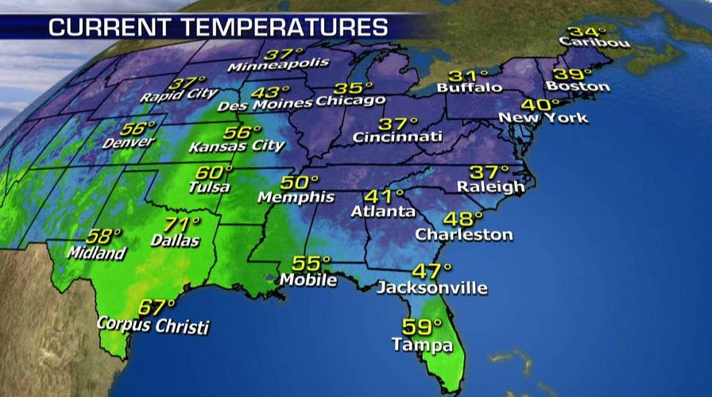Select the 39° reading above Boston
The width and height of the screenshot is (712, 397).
(567, 71)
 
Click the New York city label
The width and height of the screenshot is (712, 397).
(544, 118)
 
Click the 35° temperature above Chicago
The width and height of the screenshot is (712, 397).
(354, 88)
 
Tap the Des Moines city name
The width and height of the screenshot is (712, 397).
(274, 103)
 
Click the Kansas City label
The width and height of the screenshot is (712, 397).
(236, 146)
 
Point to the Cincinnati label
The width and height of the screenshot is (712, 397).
(398, 137)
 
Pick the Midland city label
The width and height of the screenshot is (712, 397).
(96, 253)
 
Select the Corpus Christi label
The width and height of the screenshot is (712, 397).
(153, 325)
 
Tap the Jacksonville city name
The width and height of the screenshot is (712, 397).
(431, 287)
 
